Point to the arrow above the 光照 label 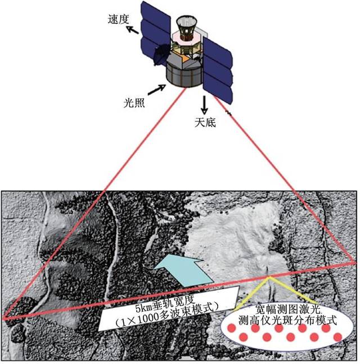click(156, 89)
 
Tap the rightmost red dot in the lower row click(337, 336)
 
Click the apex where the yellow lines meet click(268, 277)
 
